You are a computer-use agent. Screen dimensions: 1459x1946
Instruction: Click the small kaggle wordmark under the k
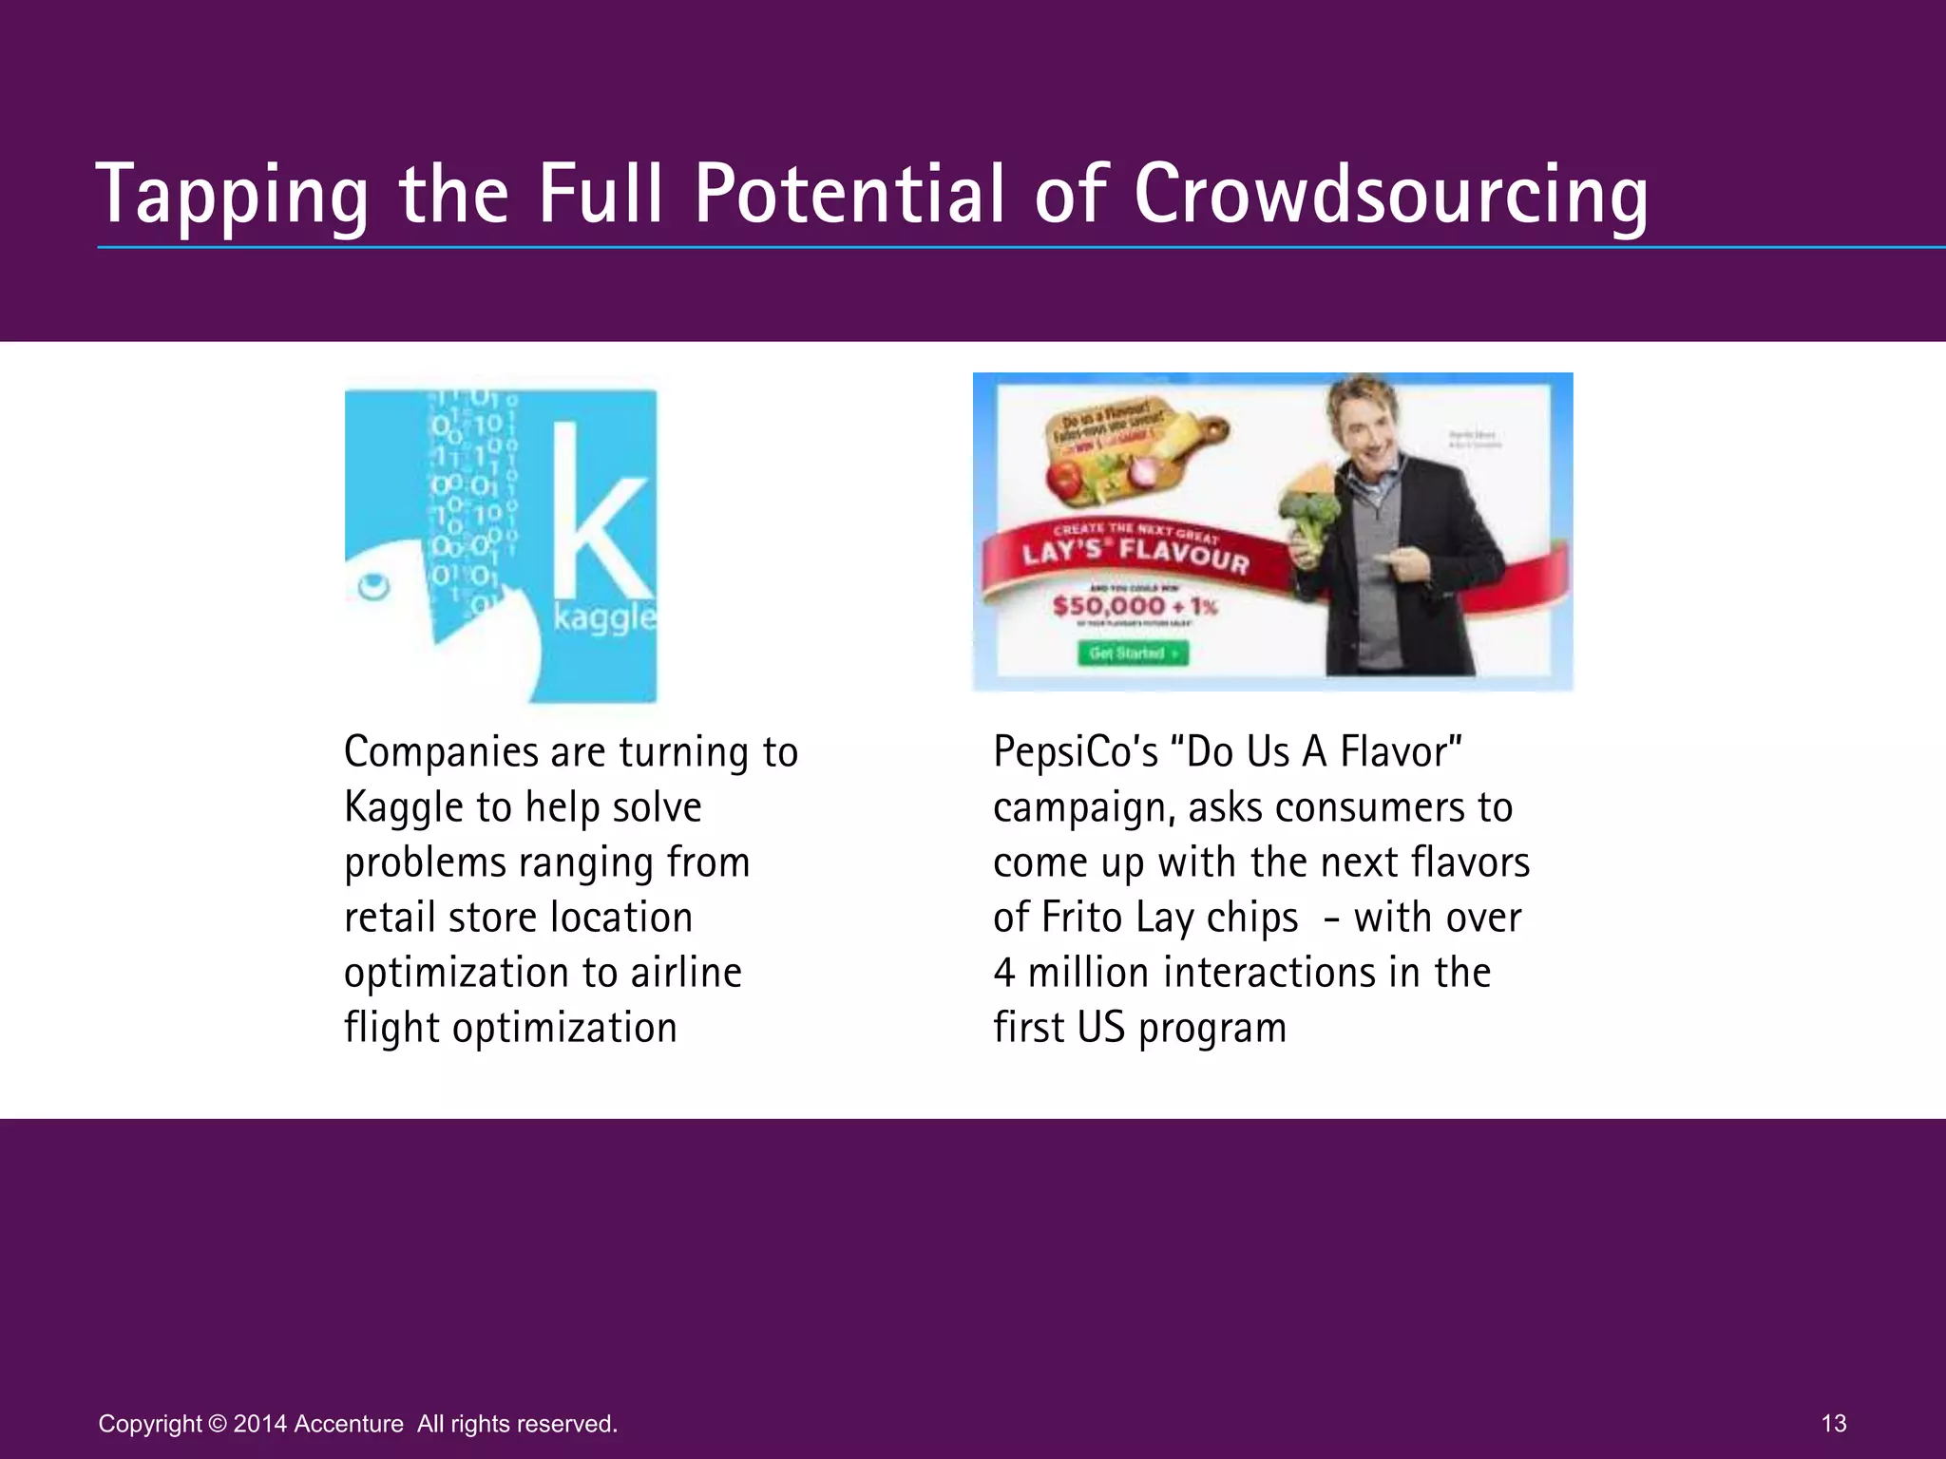click(604, 618)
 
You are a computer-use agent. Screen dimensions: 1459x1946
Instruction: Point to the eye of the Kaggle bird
click(373, 586)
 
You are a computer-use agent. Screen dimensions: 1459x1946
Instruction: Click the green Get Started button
click(1133, 654)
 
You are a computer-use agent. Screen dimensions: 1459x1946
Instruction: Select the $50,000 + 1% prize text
click(1135, 606)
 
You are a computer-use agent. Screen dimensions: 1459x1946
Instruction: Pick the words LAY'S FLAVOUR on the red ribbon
click(1135, 553)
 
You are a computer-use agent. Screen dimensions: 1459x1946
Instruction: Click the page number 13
click(1834, 1423)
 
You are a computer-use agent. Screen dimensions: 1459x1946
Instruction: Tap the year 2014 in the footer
click(259, 1424)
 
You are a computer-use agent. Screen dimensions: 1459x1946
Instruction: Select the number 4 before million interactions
click(1003, 973)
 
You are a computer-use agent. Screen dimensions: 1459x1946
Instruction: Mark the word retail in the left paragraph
click(389, 918)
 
